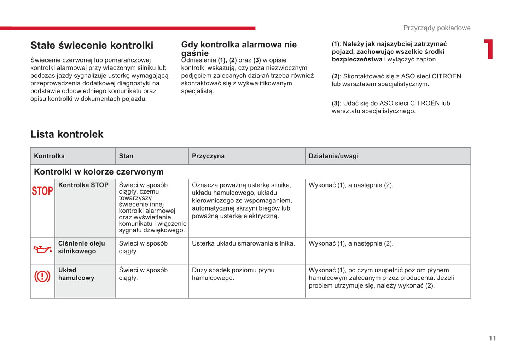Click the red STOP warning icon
pyautogui.click(x=42, y=191)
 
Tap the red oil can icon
pyautogui.click(x=42, y=249)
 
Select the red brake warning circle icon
pyautogui.click(x=42, y=276)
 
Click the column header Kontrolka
pyautogui.click(x=49, y=156)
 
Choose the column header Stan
pyautogui.click(x=126, y=156)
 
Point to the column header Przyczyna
pyautogui.click(x=208, y=156)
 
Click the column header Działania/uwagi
pyautogui.click(x=333, y=156)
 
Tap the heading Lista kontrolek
pyautogui.click(x=67, y=134)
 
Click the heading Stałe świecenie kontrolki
pyautogui.click(x=92, y=45)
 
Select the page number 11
pyautogui.click(x=492, y=338)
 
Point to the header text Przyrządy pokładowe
pyautogui.click(x=437, y=28)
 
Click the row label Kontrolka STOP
pyautogui.click(x=83, y=185)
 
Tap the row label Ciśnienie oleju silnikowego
pyautogui.click(x=81, y=247)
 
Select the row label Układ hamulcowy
pyautogui.click(x=76, y=274)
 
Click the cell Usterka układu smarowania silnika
pyautogui.click(x=243, y=243)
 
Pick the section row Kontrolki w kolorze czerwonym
pyautogui.click(x=99, y=172)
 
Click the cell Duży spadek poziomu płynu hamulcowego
pyautogui.click(x=233, y=274)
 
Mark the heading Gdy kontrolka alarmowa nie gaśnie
pyautogui.click(x=239, y=48)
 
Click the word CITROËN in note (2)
pyautogui.click(x=446, y=76)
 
